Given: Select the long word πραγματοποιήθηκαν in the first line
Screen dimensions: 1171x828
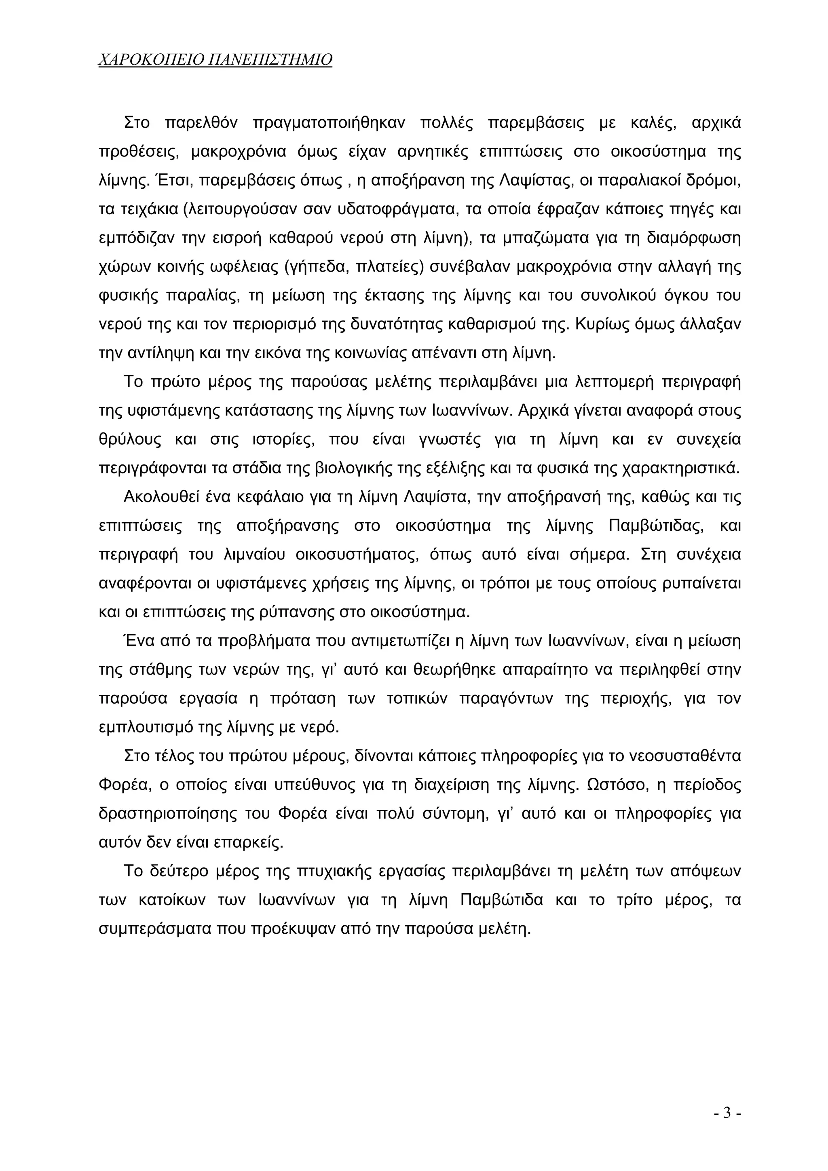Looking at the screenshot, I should [x=329, y=123].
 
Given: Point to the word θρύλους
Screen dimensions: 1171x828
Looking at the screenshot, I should [x=130, y=440].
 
